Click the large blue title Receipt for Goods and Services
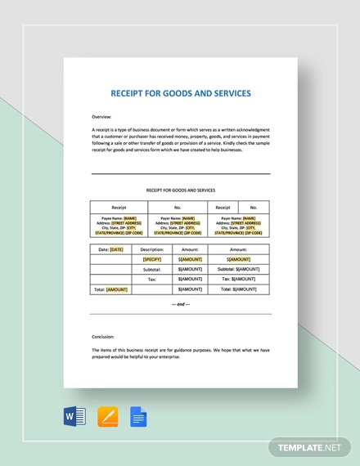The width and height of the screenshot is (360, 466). click(x=180, y=93)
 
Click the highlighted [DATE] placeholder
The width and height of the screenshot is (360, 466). click(x=116, y=249)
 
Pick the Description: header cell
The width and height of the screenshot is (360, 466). click(x=152, y=249)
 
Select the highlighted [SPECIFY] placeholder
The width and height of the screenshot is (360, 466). click(x=152, y=258)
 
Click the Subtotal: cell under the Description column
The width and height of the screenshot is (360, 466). click(x=152, y=269)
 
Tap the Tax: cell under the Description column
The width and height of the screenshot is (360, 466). click(x=152, y=279)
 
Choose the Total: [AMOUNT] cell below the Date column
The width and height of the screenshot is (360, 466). click(x=111, y=289)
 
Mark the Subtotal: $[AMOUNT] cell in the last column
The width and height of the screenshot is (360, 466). click(x=239, y=269)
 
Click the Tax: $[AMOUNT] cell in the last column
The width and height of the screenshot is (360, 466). click(x=239, y=279)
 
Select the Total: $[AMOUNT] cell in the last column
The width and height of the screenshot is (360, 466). click(x=239, y=289)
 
